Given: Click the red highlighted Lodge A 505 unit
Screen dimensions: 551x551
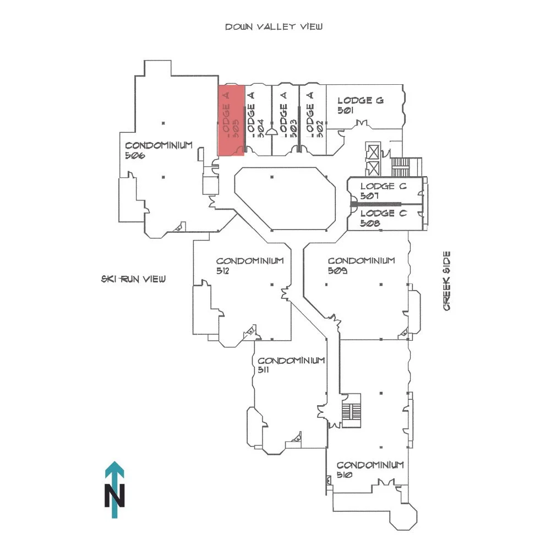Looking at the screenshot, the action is click(231, 120).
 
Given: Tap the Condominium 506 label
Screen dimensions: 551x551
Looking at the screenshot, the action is click(159, 150).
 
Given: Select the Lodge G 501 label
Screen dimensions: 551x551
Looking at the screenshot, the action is click(360, 105).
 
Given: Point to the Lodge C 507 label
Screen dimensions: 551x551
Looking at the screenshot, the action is click(383, 190).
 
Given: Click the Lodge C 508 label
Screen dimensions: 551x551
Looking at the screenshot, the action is click(383, 218).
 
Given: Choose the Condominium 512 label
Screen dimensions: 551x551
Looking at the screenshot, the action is click(249, 265).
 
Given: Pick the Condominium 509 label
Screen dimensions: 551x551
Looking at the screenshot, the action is click(361, 265).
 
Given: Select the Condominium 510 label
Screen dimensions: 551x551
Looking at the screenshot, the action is click(370, 470).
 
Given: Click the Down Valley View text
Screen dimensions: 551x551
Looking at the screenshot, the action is click(274, 26).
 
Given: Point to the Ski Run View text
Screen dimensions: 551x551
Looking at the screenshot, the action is click(133, 279).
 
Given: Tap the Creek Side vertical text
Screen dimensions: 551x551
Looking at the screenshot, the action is click(447, 281).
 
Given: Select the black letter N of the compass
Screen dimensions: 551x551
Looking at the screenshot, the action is click(114, 495).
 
